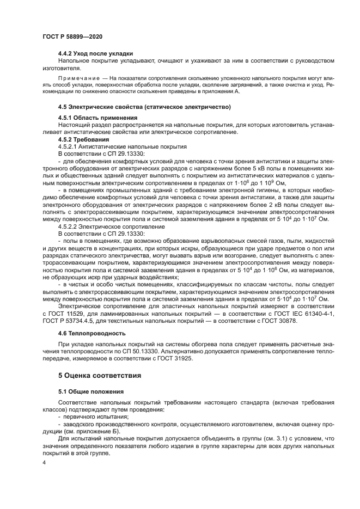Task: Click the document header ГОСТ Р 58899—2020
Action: pyautogui.click(x=72, y=36)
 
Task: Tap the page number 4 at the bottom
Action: pyautogui.click(x=44, y=462)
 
